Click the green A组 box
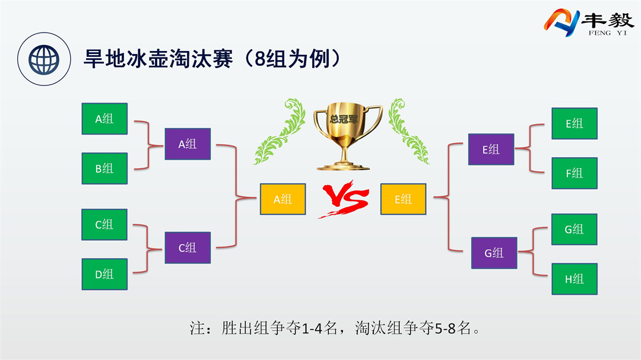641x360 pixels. [104, 119]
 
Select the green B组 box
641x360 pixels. [104, 168]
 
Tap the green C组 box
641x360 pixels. [104, 225]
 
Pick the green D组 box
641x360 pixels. [104, 274]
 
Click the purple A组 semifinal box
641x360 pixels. [188, 144]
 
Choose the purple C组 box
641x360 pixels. [188, 247]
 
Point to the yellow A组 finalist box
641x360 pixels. [283, 199]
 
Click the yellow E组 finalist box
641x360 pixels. [404, 199]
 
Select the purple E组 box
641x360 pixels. [491, 149]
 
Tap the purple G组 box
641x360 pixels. [494, 253]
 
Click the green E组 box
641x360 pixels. [574, 123]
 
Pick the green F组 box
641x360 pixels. [574, 173]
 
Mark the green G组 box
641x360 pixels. [574, 229]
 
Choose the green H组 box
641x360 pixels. [574, 279]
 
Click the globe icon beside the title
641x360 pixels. [40, 58]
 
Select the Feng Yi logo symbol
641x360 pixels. [561, 23]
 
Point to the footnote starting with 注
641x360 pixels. [335, 328]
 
